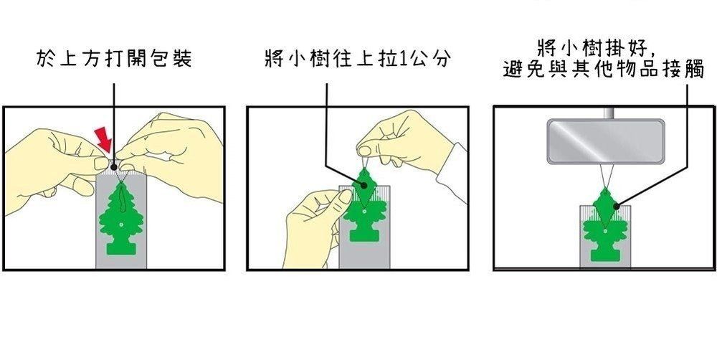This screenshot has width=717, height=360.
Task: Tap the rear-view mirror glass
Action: pyautogui.click(x=605, y=141)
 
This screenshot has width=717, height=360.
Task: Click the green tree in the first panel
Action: pyautogui.click(x=120, y=218)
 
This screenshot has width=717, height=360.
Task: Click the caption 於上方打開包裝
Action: pyautogui.click(x=114, y=59)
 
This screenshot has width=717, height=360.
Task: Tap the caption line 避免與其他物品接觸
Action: pyautogui.click(x=604, y=70)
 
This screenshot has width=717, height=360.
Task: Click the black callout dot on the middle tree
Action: pyautogui.click(x=364, y=185)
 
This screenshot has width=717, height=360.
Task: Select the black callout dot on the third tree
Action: pyautogui.click(x=617, y=207)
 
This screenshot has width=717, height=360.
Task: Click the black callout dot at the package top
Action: pyautogui.click(x=114, y=167)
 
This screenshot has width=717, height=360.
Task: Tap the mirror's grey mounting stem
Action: pyautogui.click(x=609, y=113)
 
